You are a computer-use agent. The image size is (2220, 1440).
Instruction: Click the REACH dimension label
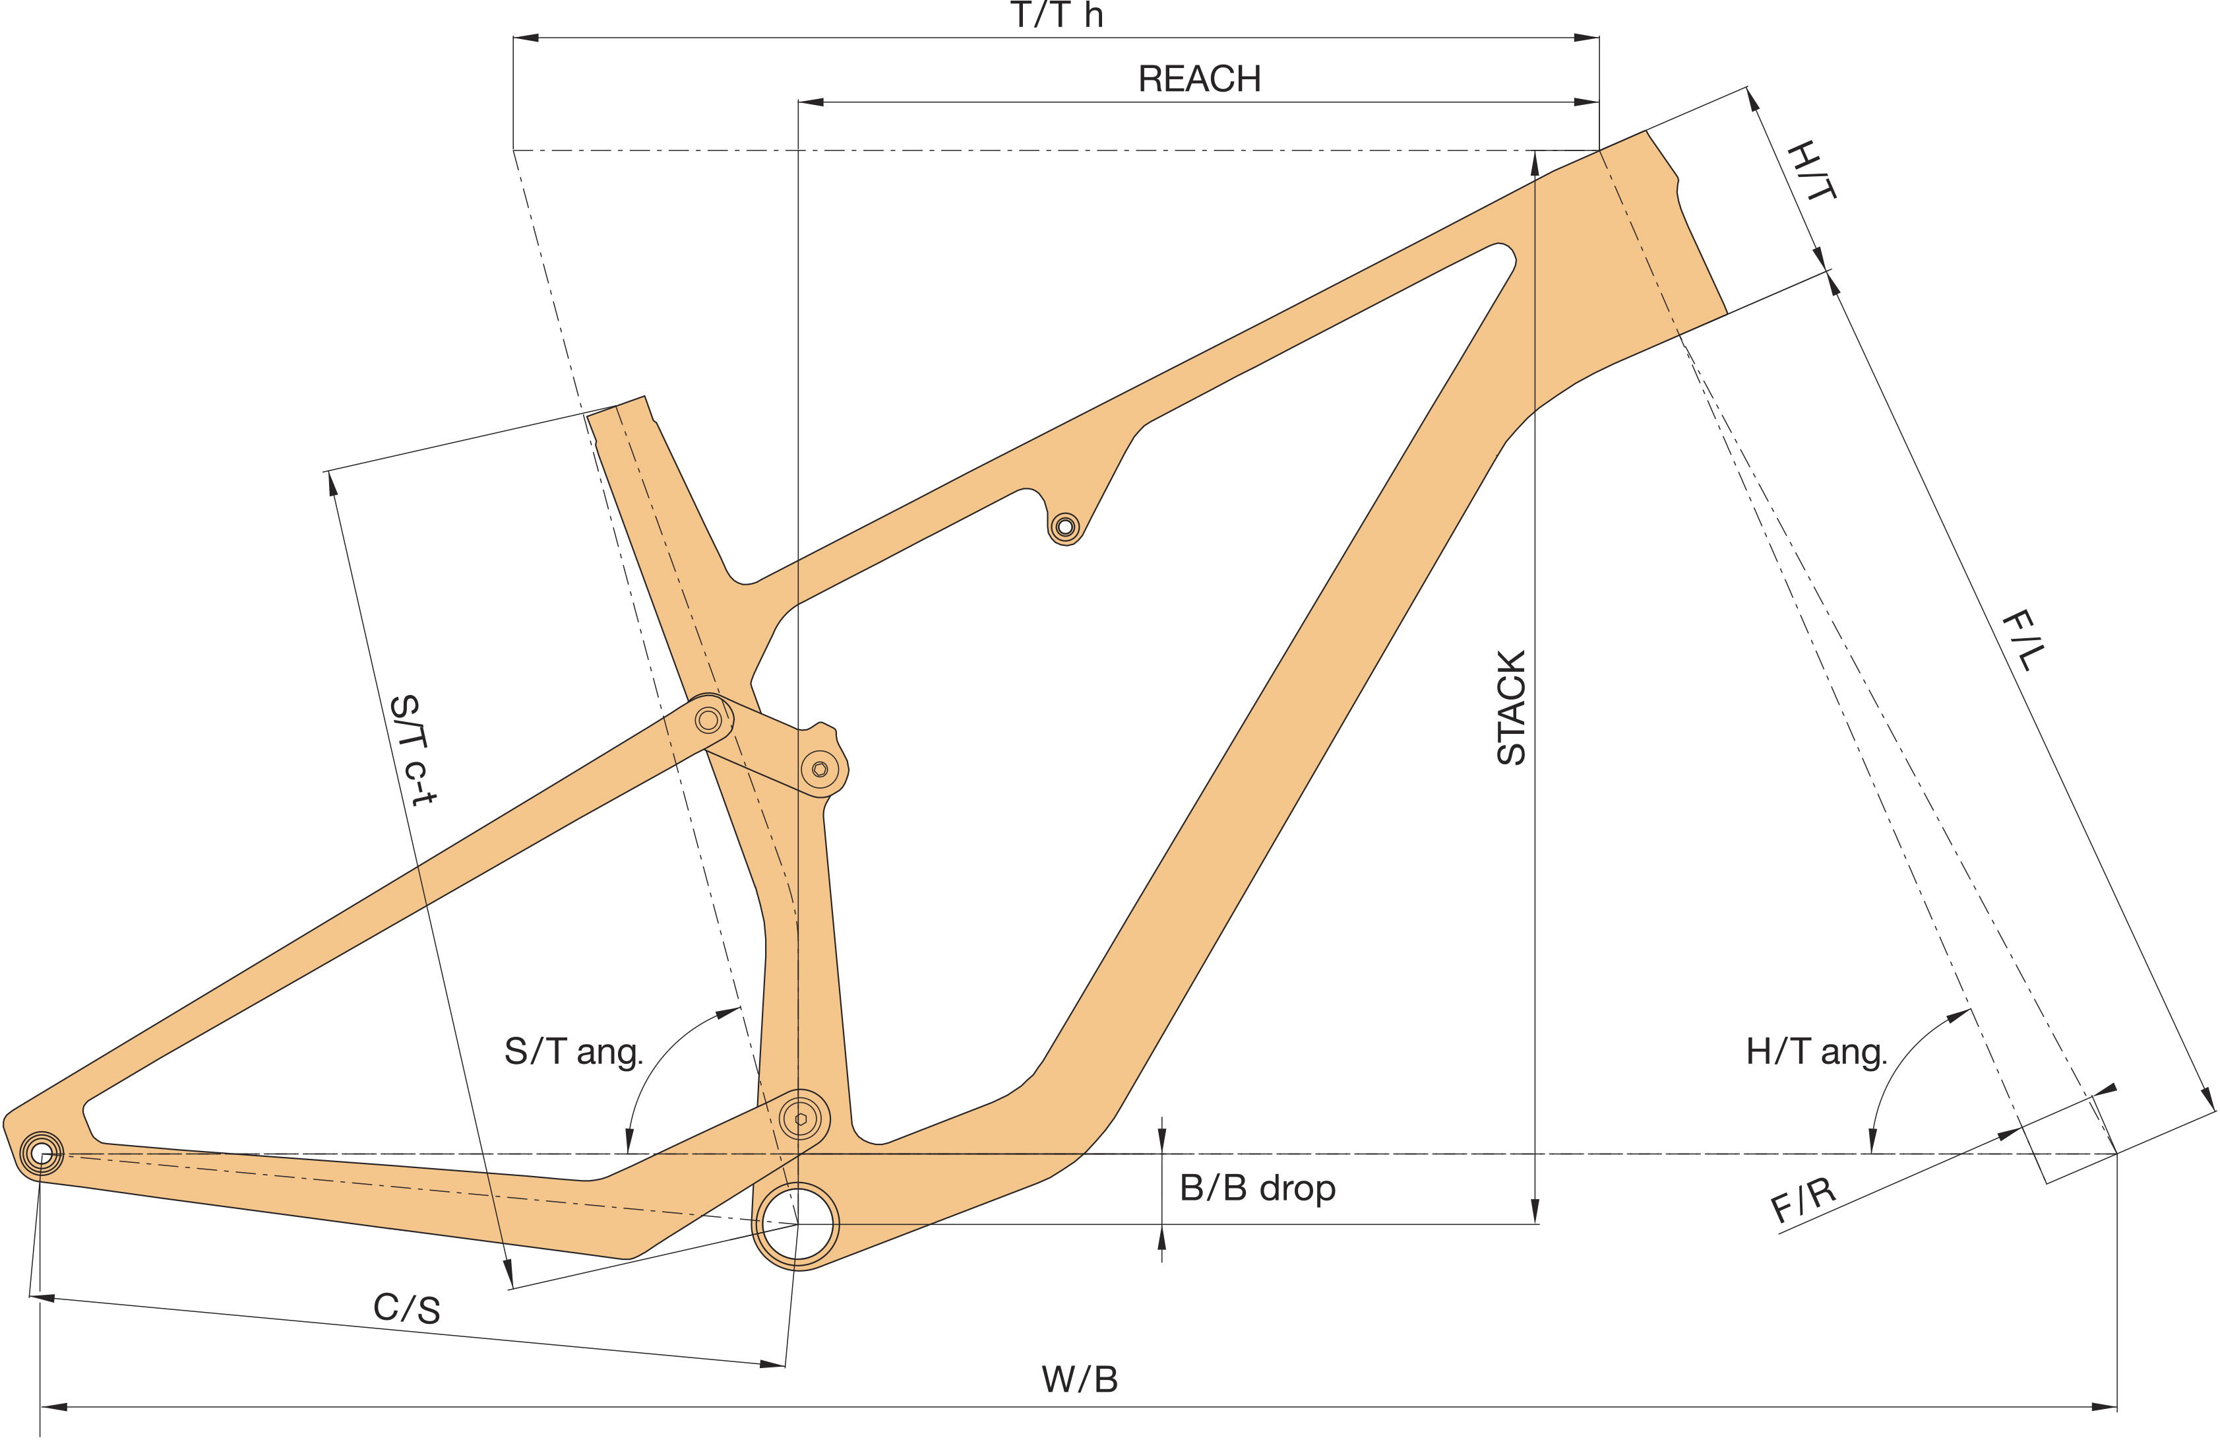[1200, 79]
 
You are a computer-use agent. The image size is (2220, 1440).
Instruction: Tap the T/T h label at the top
[1057, 16]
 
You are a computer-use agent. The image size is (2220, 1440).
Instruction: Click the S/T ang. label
[574, 1052]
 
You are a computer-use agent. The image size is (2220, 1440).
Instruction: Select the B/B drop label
[1257, 1188]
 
